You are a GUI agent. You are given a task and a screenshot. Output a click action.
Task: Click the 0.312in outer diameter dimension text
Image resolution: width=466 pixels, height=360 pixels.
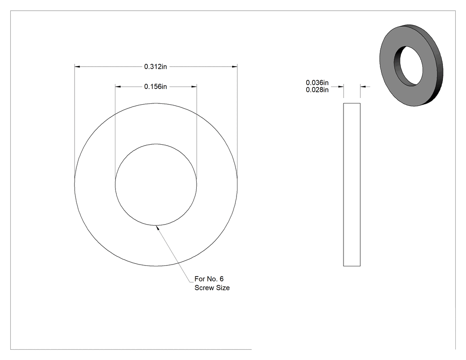click(155, 67)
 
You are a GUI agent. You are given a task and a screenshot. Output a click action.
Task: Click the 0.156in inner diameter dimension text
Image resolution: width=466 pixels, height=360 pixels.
click(155, 87)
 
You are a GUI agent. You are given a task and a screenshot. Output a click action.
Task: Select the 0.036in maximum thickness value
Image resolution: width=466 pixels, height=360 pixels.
click(317, 83)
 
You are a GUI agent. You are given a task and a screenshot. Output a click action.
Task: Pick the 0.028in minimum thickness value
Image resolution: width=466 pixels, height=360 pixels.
click(317, 90)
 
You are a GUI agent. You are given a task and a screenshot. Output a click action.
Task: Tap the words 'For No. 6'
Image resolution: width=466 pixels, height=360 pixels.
click(209, 279)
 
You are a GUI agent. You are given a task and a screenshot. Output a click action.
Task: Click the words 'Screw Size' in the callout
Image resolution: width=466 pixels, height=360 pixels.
click(212, 288)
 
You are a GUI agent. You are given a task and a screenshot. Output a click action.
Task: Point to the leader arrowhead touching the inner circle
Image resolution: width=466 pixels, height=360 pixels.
click(158, 228)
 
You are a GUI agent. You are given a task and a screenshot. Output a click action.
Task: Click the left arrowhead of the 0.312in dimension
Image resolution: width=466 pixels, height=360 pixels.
click(77, 67)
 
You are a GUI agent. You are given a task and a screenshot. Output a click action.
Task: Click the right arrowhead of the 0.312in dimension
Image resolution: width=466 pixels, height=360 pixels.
click(234, 67)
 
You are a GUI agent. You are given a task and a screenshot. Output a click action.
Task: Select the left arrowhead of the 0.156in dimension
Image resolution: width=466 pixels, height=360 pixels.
click(118, 87)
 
